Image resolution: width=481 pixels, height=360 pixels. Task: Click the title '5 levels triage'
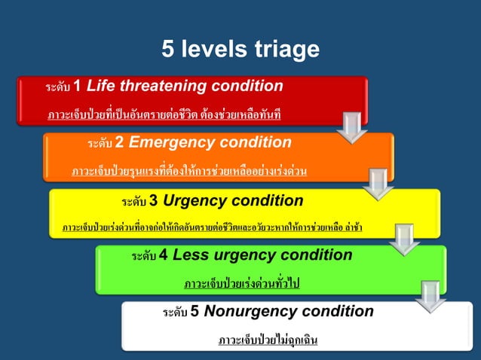[x=240, y=49]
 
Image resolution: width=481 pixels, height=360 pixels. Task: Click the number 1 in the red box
[x=78, y=85]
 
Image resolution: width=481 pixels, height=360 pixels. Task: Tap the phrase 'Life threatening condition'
[x=185, y=85]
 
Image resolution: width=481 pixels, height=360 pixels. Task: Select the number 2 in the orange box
[x=119, y=142]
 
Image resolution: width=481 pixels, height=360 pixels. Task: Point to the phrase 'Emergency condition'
[x=209, y=142]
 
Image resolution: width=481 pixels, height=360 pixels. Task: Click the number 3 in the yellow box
[x=154, y=200]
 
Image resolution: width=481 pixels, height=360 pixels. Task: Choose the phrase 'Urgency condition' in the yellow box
[x=233, y=200]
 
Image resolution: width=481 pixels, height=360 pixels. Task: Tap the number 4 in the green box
[x=164, y=255]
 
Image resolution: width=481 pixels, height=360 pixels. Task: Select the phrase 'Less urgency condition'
[x=262, y=255]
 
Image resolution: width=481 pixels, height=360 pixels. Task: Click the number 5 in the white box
[x=195, y=312]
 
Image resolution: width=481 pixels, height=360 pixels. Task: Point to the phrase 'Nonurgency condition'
[x=289, y=312]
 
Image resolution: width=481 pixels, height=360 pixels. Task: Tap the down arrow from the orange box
[x=379, y=184]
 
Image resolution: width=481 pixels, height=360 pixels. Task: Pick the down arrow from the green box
[x=430, y=296]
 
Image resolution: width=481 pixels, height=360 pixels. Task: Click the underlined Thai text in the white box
[x=268, y=340]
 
